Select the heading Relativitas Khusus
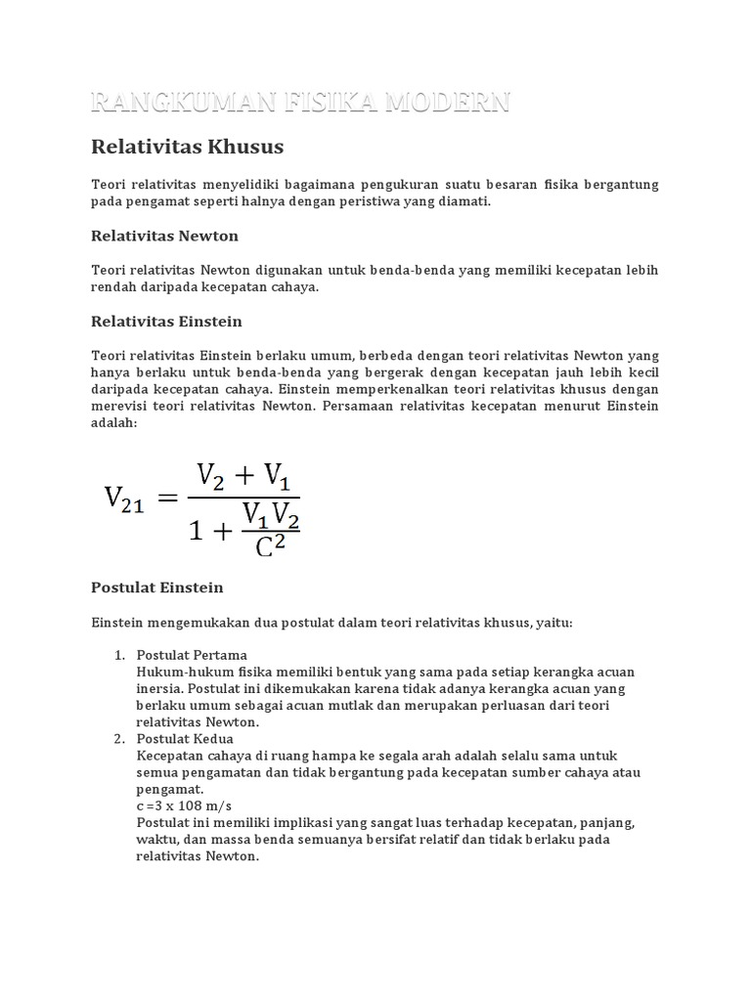point(187,148)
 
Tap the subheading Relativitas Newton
point(164,236)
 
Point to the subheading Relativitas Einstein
point(166,322)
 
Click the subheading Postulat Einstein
point(156,588)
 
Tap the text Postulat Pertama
point(192,654)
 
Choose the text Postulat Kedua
point(185,739)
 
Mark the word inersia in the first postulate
point(160,688)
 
